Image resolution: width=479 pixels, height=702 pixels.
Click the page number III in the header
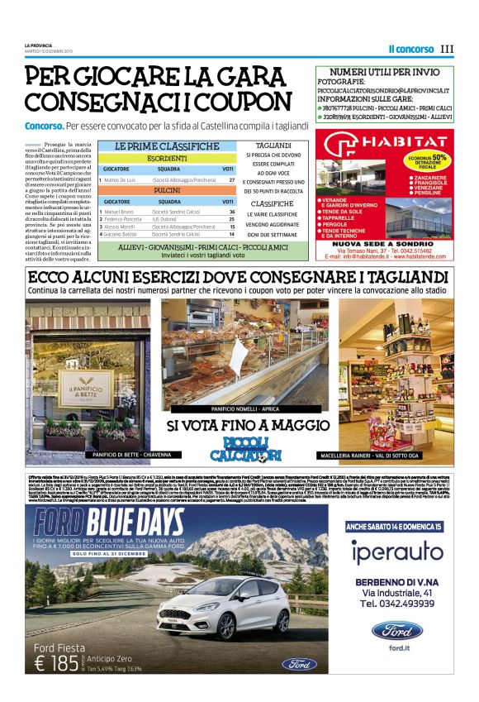click(448, 49)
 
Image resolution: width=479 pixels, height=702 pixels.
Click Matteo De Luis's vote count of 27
click(232, 179)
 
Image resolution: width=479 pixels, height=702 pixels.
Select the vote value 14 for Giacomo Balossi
click(232, 234)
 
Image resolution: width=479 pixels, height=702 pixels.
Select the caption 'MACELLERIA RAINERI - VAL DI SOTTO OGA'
click(384, 455)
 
